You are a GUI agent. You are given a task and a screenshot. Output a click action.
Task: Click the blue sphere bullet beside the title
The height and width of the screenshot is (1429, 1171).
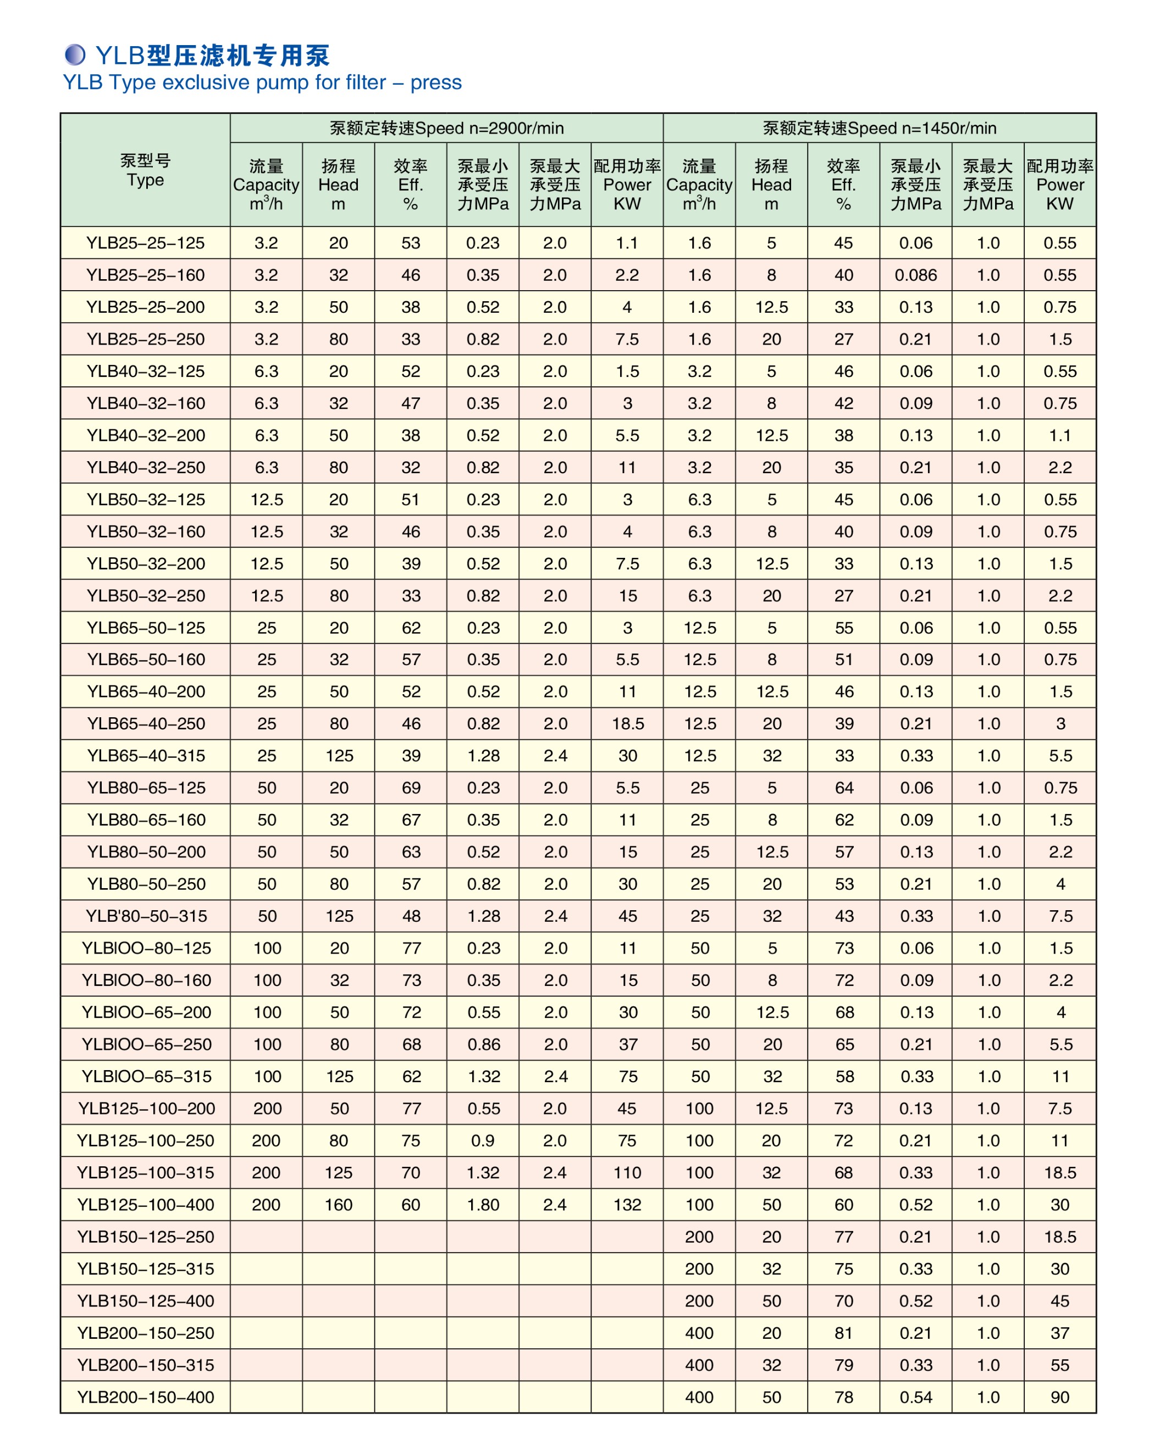click(75, 54)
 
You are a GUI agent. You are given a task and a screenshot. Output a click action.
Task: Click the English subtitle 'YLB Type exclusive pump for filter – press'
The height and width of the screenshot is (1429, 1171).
click(262, 82)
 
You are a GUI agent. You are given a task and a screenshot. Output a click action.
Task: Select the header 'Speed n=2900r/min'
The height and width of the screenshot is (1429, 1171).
click(446, 128)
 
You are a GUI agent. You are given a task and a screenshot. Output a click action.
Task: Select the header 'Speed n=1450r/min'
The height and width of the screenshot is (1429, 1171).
click(879, 128)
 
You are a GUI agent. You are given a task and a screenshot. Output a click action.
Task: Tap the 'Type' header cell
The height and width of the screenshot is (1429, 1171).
click(145, 170)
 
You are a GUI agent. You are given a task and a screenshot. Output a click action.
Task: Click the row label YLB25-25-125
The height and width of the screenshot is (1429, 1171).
click(145, 243)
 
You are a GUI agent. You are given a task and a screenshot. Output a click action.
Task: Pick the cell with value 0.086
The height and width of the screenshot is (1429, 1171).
click(915, 275)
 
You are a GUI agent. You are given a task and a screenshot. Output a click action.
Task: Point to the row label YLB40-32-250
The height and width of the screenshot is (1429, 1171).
click(145, 467)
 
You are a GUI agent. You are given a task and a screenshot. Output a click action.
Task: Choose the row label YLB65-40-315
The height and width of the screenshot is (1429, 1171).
click(145, 756)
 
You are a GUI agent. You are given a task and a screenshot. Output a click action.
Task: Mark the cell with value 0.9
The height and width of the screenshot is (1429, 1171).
click(483, 1141)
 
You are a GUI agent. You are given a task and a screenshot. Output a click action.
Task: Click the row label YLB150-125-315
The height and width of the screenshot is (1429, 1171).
click(145, 1269)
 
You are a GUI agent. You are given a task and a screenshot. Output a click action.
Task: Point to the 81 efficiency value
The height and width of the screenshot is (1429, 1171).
click(843, 1333)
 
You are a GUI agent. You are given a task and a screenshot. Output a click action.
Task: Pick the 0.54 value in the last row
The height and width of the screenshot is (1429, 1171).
click(915, 1397)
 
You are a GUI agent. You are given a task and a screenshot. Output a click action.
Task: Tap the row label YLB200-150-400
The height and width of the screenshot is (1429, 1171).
click(145, 1397)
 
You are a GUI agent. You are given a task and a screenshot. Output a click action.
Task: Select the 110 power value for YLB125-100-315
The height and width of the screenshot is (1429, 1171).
click(627, 1173)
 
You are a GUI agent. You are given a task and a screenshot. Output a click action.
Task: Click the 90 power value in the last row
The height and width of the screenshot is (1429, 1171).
click(1060, 1397)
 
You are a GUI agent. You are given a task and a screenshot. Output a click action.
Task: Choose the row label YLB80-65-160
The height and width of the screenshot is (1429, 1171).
click(145, 820)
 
